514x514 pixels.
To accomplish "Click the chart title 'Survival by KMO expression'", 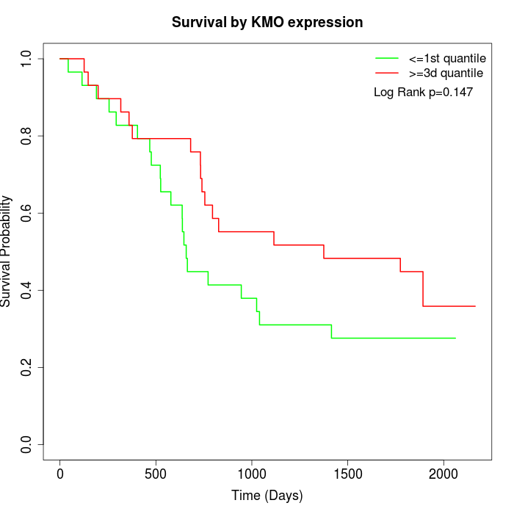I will point(267,23).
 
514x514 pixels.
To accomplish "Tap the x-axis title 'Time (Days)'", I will point(267,496).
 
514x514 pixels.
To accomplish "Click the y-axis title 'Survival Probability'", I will point(7,251).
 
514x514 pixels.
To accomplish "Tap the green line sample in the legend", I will point(386,58).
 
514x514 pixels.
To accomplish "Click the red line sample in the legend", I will point(386,73).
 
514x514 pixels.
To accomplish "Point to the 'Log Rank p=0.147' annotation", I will point(423,93).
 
